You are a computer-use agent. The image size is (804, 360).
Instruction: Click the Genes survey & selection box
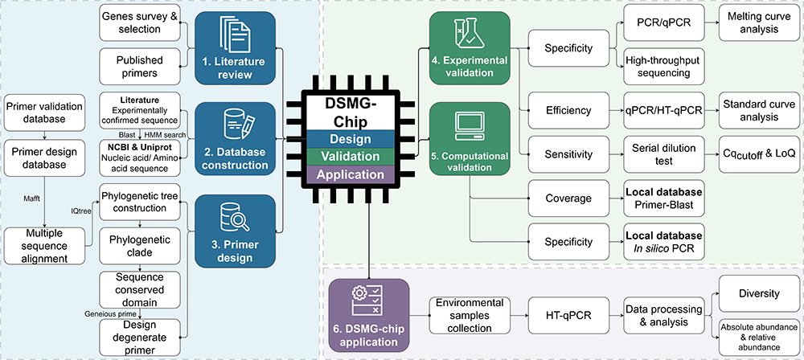click(137, 24)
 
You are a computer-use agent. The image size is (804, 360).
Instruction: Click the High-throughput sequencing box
click(660, 67)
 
